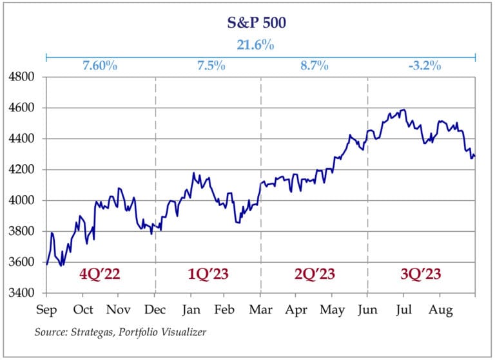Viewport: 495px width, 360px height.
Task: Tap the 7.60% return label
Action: pyautogui.click(x=100, y=66)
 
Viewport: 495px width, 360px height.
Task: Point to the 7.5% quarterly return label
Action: pyautogui.click(x=208, y=66)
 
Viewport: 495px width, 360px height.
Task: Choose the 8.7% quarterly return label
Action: pyautogui.click(x=314, y=66)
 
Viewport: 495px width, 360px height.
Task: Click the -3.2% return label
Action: pyautogui.click(x=424, y=66)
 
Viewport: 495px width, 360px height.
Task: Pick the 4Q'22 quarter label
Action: pyautogui.click(x=100, y=274)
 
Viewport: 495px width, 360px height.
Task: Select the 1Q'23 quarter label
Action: pyautogui.click(x=208, y=274)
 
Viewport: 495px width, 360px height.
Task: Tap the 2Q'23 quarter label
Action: pyautogui.click(x=314, y=274)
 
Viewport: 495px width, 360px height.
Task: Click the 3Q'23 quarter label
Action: pyautogui.click(x=420, y=274)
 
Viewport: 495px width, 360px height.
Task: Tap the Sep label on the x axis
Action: pyautogui.click(x=47, y=309)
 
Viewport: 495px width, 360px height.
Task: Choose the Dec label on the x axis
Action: pyautogui.click(x=155, y=309)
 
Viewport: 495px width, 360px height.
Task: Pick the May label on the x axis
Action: pyautogui.click(x=333, y=309)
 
